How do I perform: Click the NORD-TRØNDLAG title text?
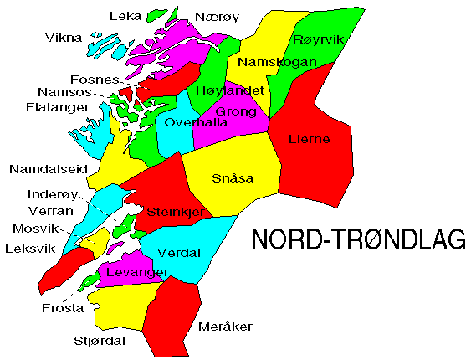[x=359, y=240]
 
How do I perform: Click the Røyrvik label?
[x=318, y=39]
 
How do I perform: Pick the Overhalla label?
[x=197, y=122]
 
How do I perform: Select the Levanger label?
[x=138, y=273]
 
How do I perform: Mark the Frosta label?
[x=63, y=308]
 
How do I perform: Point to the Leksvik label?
[x=29, y=249]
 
